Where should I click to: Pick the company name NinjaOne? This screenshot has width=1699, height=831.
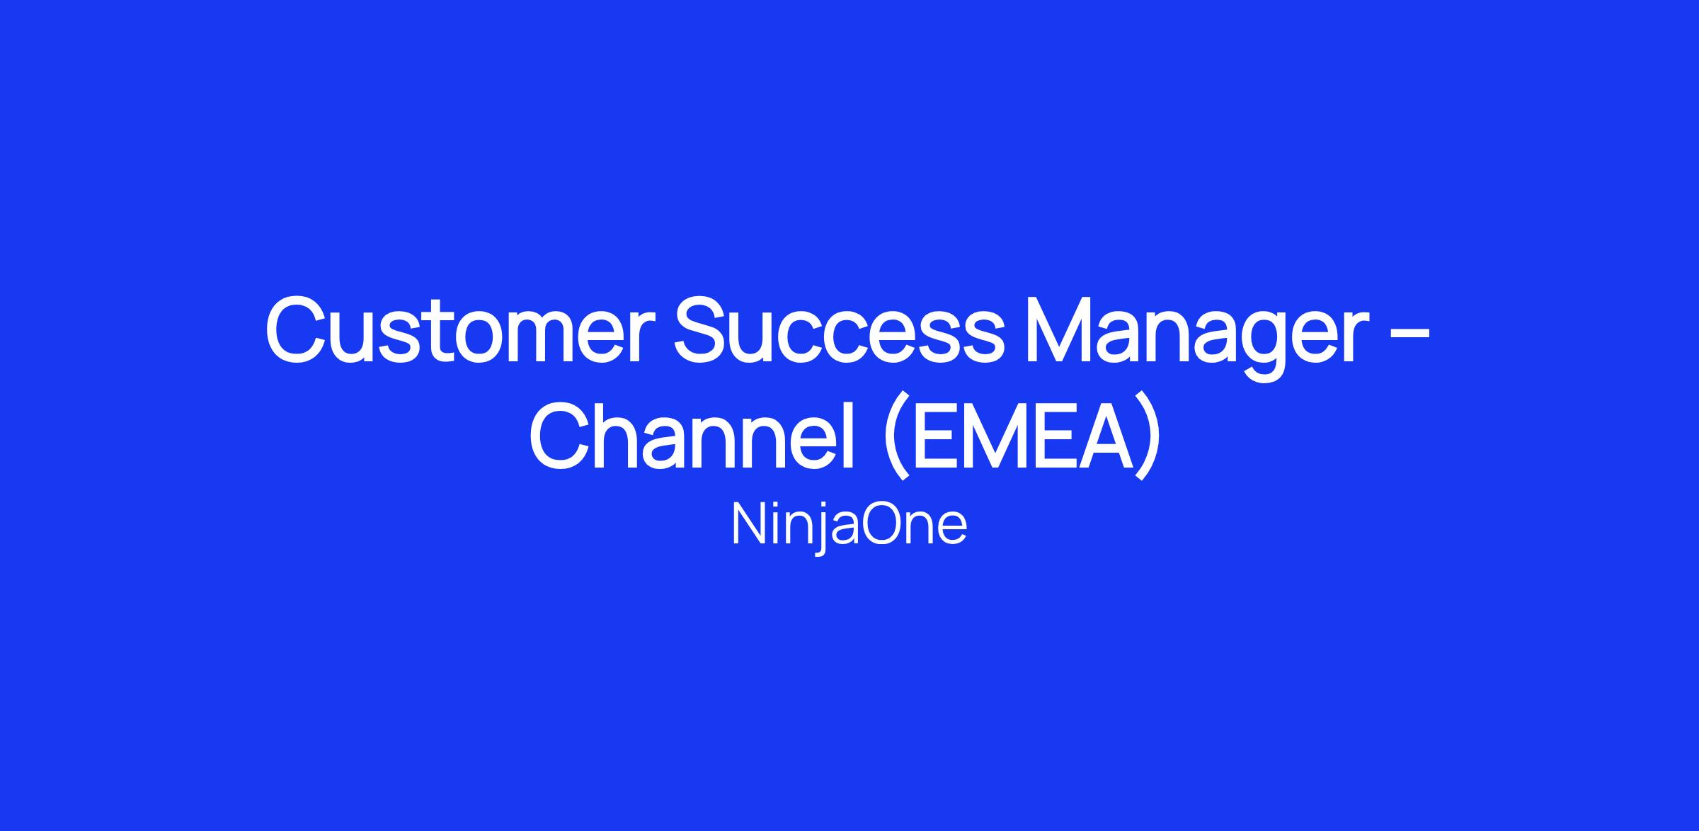pos(849,526)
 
